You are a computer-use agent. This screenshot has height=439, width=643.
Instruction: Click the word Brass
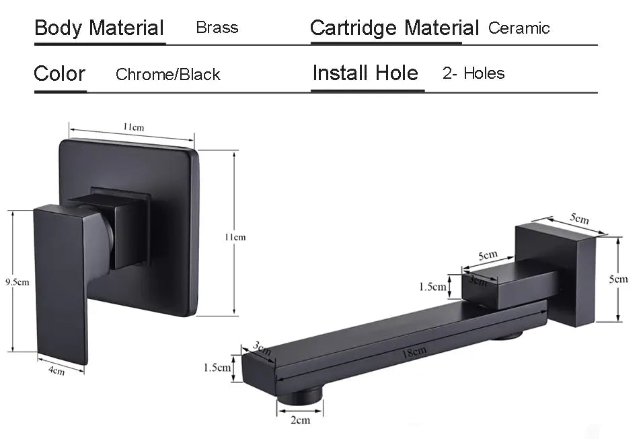coord(217,28)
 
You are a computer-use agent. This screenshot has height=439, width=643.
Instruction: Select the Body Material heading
coord(99,28)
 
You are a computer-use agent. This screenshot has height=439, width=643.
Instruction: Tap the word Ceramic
coord(519,28)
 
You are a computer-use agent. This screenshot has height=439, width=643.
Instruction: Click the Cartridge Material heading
coord(394,28)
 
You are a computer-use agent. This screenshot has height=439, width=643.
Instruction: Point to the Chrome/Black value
coord(167,75)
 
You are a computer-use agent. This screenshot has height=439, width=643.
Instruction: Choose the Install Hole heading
coord(365,73)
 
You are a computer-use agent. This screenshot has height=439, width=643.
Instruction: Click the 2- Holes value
coord(474,73)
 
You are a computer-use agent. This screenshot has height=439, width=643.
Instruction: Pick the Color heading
coord(59,73)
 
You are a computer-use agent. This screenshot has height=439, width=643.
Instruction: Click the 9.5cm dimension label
coord(16,281)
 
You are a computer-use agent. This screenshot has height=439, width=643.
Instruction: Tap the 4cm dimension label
coord(56,370)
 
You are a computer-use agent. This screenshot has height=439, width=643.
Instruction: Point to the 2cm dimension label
coord(300,420)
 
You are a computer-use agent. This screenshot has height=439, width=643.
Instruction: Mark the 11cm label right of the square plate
coord(235,237)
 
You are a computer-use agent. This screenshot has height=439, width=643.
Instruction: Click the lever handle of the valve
coord(61,283)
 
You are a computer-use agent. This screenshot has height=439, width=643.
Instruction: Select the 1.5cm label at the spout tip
coord(218,368)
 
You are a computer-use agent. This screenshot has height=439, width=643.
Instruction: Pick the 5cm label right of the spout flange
coord(618,279)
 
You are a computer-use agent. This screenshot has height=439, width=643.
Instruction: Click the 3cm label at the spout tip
coord(261,348)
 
